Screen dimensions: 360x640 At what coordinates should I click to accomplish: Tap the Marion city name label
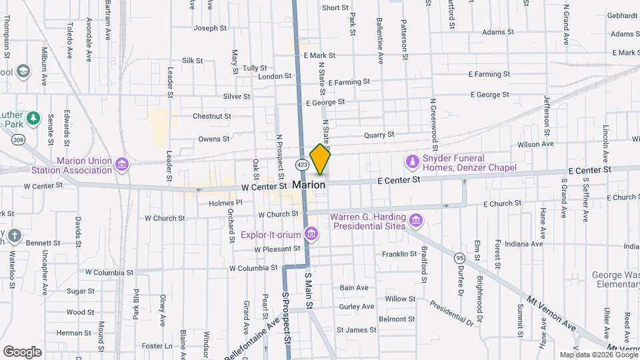click(309, 185)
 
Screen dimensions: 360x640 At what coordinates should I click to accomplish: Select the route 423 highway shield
click(303, 164)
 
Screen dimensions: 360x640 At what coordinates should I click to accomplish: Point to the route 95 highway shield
click(459, 257)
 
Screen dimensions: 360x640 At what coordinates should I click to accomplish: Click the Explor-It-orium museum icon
click(310, 233)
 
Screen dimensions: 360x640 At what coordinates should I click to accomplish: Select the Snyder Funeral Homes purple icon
click(412, 161)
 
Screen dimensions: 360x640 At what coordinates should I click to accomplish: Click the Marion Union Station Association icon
click(121, 164)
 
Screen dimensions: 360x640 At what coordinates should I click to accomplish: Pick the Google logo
click(22, 351)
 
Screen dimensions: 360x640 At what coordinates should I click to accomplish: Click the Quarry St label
click(380, 135)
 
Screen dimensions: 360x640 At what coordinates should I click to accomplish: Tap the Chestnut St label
click(211, 116)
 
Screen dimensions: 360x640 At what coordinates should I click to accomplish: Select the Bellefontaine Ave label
click(247, 341)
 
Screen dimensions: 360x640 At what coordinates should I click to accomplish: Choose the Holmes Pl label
click(225, 203)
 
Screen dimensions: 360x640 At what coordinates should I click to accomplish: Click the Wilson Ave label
click(536, 144)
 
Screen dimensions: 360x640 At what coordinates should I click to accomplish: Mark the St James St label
click(357, 330)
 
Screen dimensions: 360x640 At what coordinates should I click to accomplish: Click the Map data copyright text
click(599, 355)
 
